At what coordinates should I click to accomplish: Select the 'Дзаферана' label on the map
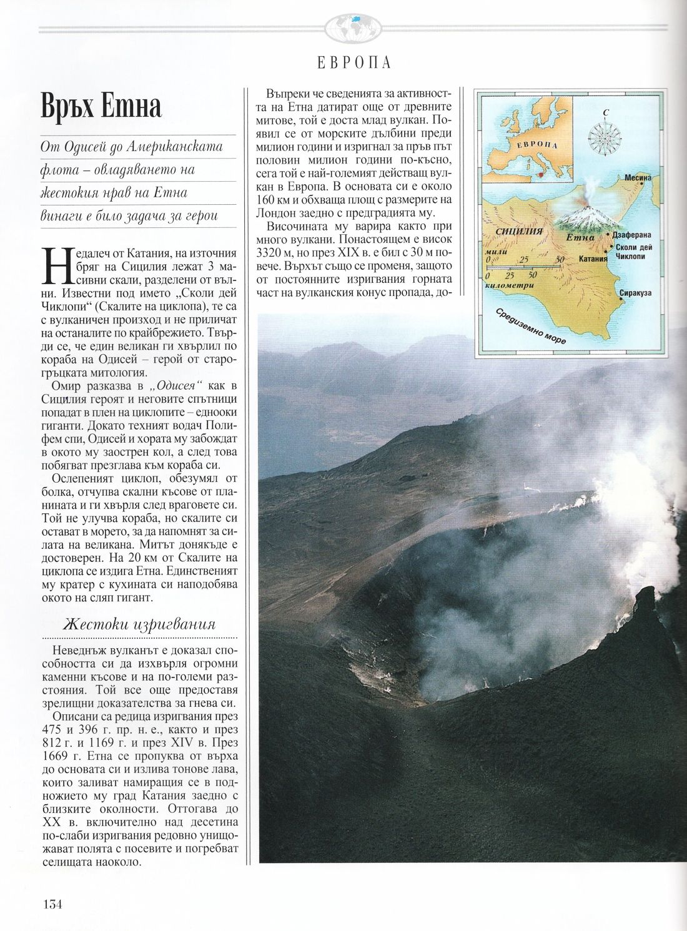tap(635, 235)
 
